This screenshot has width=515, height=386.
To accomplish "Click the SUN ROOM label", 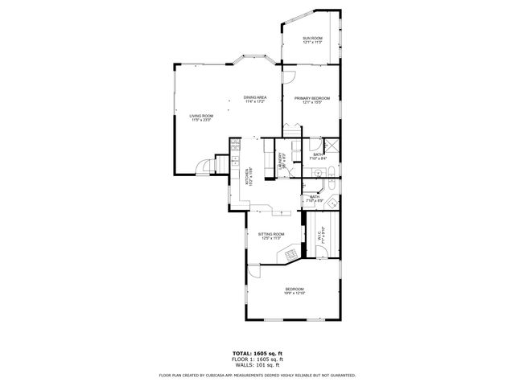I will click(x=312, y=39).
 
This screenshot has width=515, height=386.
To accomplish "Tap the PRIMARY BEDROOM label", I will click(x=311, y=98).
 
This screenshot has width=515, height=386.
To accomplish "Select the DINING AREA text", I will click(x=255, y=98).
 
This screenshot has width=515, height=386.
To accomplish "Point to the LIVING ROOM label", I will click(x=200, y=117).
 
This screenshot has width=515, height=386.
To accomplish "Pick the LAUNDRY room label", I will click(x=281, y=160).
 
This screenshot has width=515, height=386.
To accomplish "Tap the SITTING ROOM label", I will click(x=271, y=234).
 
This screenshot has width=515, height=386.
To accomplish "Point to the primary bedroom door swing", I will click(x=288, y=77).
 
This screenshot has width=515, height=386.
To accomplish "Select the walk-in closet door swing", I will click(x=319, y=253).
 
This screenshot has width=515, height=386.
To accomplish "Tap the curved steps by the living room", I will click(x=208, y=165).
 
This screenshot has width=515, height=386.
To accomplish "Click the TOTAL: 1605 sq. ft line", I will click(x=257, y=353).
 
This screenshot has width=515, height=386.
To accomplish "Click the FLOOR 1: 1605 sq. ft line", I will click(x=257, y=359).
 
